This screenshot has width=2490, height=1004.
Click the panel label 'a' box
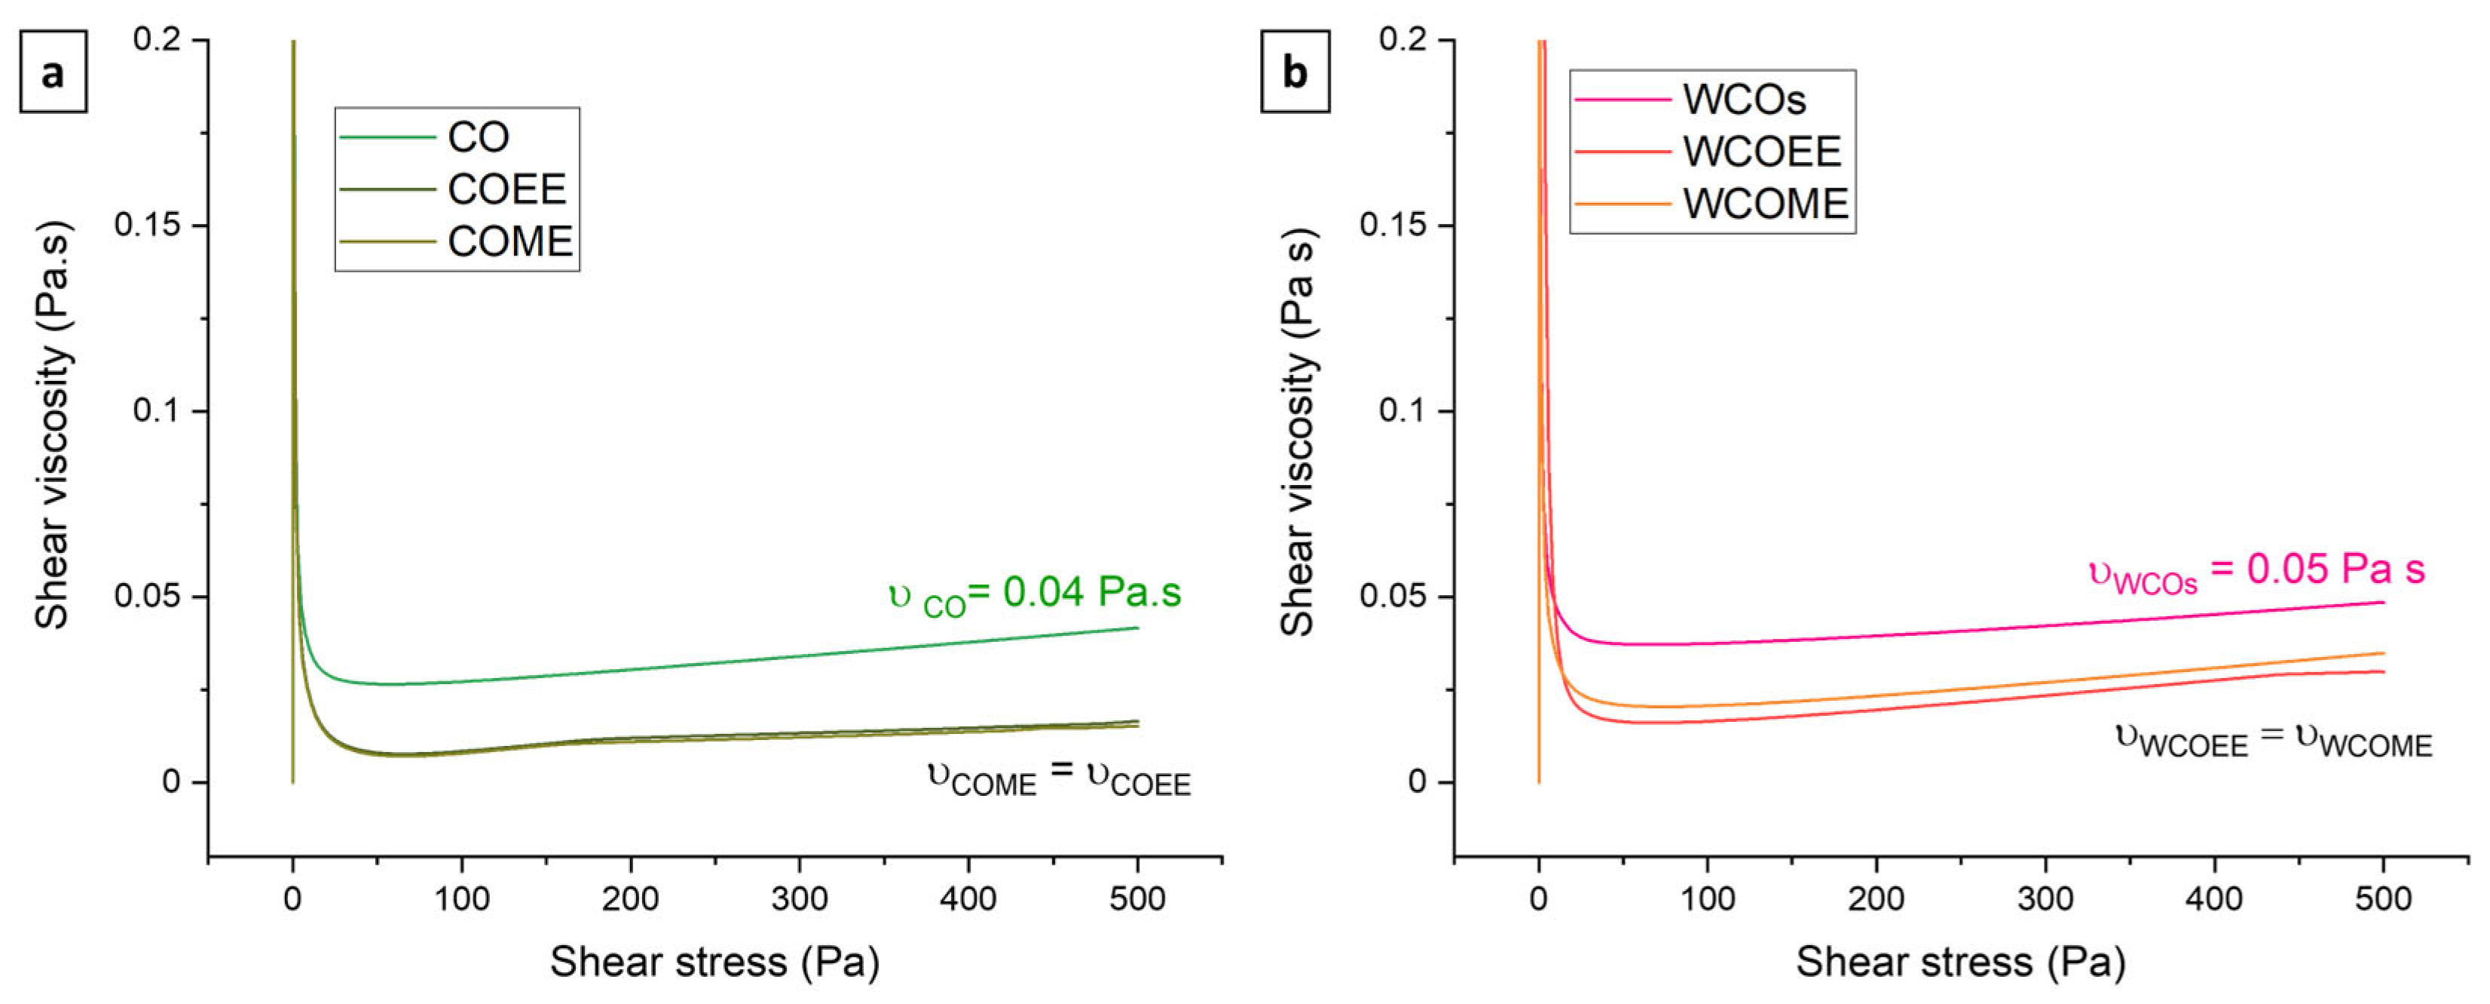tap(54, 72)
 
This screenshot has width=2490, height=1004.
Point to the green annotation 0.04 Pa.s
tap(1034, 594)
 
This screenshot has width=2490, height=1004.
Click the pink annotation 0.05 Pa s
tap(2257, 571)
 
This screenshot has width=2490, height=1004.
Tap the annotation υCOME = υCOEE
tap(1058, 777)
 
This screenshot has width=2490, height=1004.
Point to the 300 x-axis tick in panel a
tap(800, 898)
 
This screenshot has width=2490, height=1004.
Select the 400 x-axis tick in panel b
tap(2213, 898)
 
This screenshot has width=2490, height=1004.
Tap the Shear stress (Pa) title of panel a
tap(714, 963)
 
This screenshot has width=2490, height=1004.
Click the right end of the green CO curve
tap(1136, 628)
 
